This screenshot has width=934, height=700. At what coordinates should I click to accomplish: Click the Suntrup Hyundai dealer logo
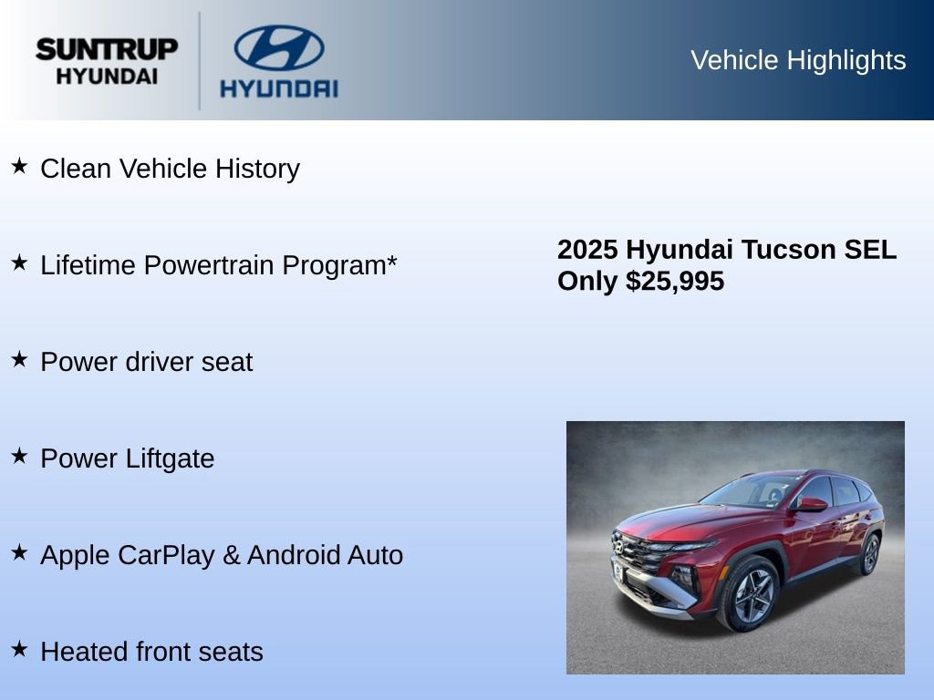[x=107, y=61]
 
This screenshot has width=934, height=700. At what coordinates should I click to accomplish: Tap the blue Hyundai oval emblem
[x=278, y=47]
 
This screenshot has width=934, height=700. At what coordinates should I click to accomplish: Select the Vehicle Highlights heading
[x=798, y=60]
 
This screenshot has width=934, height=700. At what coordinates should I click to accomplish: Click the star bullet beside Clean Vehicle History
[x=19, y=166]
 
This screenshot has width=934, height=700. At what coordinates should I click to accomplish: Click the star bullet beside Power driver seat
[x=19, y=359]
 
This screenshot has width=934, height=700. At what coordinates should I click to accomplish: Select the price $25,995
[x=675, y=281]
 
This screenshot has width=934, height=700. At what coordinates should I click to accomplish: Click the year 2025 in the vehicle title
[x=588, y=250]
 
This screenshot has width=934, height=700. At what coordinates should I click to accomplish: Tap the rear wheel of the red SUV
[x=869, y=554]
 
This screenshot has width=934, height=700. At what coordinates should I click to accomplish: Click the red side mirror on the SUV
[x=810, y=504]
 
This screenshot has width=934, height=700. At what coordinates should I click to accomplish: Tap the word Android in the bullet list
[x=294, y=555]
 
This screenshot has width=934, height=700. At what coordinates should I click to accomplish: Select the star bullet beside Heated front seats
[x=19, y=649]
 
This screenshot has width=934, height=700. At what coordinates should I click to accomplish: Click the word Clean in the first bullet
[x=77, y=169]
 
